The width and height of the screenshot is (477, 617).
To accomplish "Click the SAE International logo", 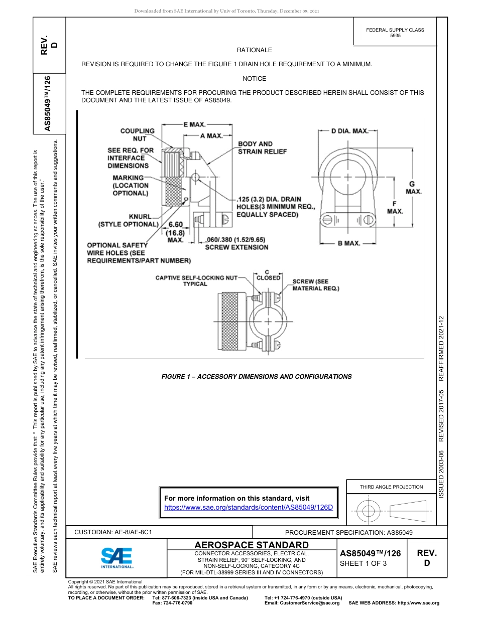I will (116, 557).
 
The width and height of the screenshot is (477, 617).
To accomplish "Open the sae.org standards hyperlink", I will (249, 507).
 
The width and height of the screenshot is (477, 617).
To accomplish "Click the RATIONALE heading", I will (254, 50).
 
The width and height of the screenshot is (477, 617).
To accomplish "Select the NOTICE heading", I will (254, 79).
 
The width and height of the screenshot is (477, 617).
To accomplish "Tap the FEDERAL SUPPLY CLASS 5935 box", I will (395, 33).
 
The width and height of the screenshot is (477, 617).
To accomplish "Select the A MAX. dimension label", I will (211, 135).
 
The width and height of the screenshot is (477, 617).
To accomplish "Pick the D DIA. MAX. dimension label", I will (349, 131).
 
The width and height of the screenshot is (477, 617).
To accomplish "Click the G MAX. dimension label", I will (413, 188).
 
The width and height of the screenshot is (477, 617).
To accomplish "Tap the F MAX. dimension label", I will (395, 207).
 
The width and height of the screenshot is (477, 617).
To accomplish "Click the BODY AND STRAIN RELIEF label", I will (262, 147).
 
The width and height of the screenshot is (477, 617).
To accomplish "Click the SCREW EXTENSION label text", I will (236, 247).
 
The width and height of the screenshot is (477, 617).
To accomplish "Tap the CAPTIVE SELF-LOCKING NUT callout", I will (195, 280).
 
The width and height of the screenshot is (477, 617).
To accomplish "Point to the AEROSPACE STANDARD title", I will (251, 545).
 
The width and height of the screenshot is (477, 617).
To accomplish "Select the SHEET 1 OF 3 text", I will (363, 563).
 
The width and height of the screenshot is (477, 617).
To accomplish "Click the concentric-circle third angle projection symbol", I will (369, 512).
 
